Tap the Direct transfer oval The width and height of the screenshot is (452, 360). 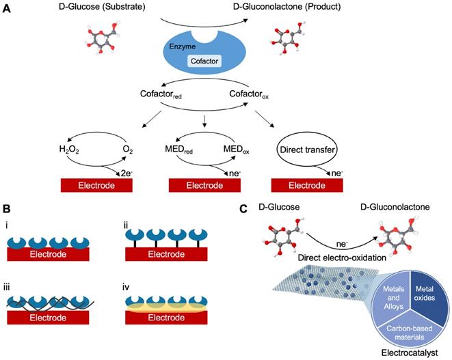300,146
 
